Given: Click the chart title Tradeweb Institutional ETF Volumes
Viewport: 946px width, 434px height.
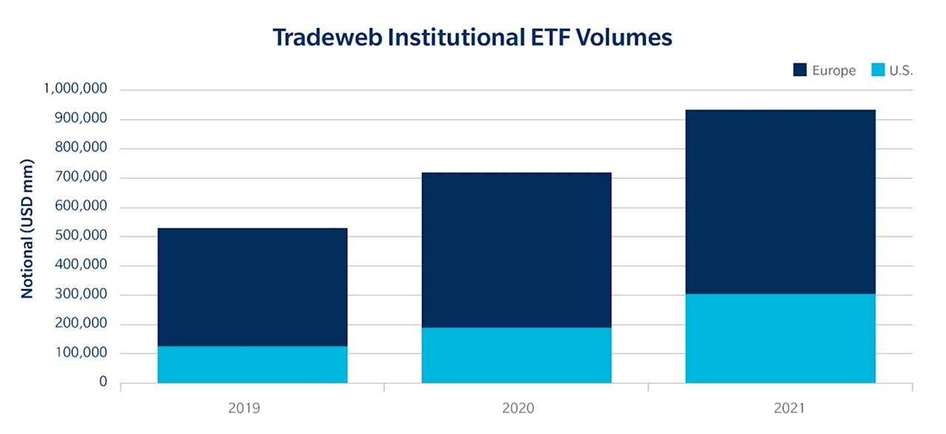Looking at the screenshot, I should click(x=472, y=37).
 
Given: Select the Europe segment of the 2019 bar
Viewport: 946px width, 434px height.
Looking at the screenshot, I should click(x=252, y=287).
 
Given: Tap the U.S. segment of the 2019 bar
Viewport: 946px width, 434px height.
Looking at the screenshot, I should click(x=252, y=365).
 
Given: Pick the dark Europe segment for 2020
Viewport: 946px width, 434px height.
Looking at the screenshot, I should click(x=516, y=250).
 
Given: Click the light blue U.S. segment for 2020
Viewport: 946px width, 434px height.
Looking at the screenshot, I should click(x=516, y=355).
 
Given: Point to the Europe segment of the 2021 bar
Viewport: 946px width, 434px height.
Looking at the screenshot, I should click(x=780, y=202).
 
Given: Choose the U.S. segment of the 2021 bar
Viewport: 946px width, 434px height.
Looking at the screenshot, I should click(x=780, y=339).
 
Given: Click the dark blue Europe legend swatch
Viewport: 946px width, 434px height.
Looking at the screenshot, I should click(x=800, y=70).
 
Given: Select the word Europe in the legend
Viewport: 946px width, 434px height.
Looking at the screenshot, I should click(x=834, y=71).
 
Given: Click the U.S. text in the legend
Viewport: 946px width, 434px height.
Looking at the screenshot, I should click(x=902, y=71).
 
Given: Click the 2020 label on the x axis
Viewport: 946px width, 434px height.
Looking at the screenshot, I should click(x=516, y=407).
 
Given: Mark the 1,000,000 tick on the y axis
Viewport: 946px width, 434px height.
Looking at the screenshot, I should click(x=75, y=89).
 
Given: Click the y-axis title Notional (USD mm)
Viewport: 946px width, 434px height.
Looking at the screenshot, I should click(x=27, y=228).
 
